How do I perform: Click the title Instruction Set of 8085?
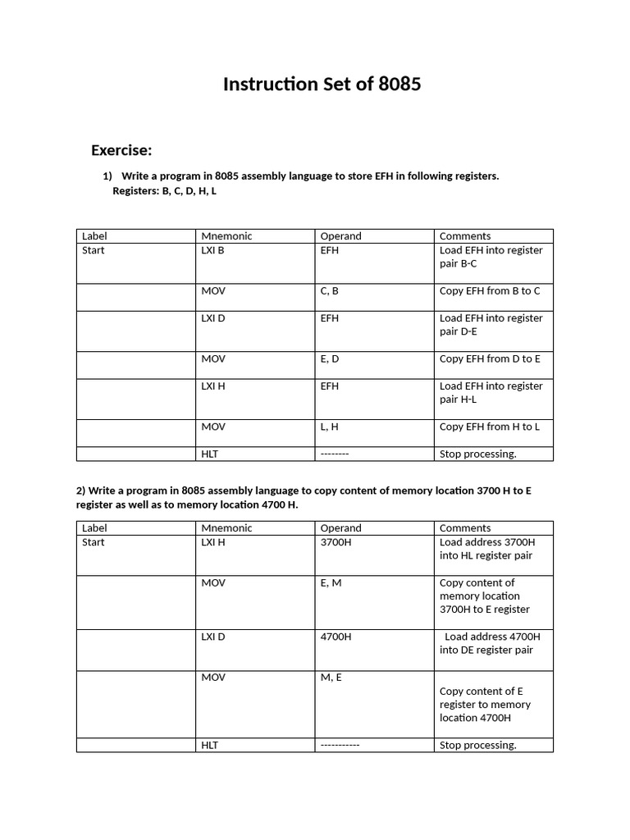(322, 84)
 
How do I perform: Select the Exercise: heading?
(121, 150)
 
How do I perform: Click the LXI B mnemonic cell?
(212, 250)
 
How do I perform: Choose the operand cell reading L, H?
(330, 427)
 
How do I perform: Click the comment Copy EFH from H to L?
(489, 427)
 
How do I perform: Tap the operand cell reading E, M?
(331, 583)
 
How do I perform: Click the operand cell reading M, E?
(331, 678)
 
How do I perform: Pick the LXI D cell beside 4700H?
(212, 637)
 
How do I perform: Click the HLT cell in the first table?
(210, 454)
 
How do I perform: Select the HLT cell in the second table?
(210, 746)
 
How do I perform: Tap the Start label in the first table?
(94, 250)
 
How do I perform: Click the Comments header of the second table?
(465, 528)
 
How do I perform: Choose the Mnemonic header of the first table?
(226, 236)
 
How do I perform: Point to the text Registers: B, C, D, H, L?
(164, 191)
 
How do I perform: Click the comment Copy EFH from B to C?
(490, 291)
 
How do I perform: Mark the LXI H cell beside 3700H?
(212, 542)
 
